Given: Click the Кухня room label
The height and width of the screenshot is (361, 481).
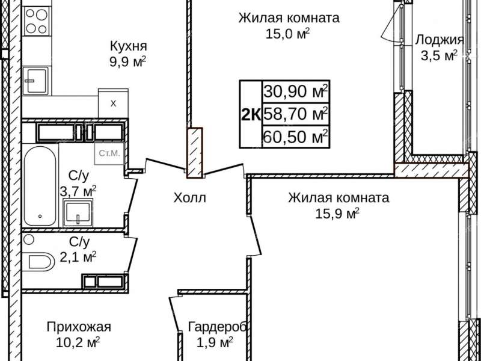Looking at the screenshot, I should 128,46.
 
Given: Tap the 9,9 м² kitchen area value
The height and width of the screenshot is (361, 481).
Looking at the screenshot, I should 128,61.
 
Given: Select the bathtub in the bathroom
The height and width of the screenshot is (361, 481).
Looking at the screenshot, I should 40,186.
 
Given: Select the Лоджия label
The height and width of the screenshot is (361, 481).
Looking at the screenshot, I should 440,40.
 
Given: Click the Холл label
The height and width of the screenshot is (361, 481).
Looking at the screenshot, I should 189,197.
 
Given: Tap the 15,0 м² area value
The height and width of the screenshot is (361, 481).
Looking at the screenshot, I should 288,33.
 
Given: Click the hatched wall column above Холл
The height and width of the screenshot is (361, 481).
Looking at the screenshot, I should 194,153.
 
